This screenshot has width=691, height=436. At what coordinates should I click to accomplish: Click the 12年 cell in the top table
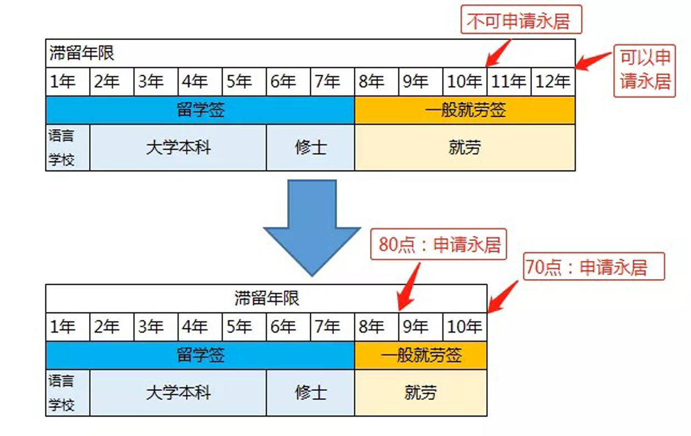tap(553, 82)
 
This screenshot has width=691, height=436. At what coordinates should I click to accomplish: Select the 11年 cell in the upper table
tap(509, 82)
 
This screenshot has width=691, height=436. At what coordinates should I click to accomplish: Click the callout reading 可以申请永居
tap(645, 71)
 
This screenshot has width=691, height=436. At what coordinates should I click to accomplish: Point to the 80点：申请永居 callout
tap(439, 245)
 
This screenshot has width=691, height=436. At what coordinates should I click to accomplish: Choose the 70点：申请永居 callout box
tap(594, 267)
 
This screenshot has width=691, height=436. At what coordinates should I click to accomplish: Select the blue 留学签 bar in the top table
tap(200, 110)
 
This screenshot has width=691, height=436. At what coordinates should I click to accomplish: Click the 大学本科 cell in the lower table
tap(178, 393)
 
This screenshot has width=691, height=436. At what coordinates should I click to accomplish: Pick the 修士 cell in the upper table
tap(310, 147)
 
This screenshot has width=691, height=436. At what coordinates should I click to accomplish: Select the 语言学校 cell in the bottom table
tap(67, 393)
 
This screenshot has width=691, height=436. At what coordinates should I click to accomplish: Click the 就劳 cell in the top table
tap(465, 147)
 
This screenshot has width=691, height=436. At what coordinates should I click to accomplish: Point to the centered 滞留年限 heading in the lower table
tap(266, 298)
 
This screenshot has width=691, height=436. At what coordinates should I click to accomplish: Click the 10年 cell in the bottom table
tap(465, 326)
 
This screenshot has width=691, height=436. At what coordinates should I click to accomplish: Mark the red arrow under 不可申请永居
tap(498, 52)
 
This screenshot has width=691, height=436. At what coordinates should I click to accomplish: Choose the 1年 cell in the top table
tap(67, 82)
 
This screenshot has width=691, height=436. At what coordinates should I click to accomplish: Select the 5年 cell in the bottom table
tap(244, 326)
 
